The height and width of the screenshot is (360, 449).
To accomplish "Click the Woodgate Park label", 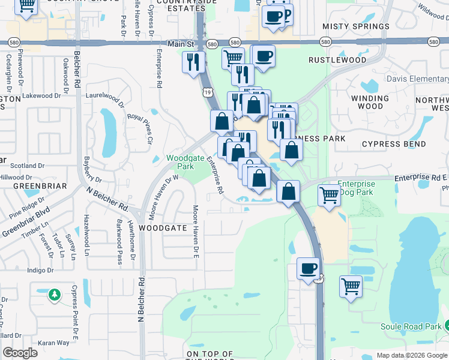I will pyautogui.click(x=180, y=162).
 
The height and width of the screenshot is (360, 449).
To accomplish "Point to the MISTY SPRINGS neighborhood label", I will pyautogui.click(x=352, y=26).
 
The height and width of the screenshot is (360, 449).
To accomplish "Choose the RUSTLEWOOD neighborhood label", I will pyautogui.click(x=337, y=60).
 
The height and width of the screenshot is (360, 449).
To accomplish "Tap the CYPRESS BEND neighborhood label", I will pyautogui.click(x=394, y=144).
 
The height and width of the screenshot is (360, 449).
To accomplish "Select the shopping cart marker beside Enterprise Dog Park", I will pyautogui.click(x=329, y=195).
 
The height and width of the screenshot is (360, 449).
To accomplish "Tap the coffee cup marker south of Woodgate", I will pyautogui.click(x=309, y=268).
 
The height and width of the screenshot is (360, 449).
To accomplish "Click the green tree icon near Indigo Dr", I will pyautogui.click(x=55, y=295).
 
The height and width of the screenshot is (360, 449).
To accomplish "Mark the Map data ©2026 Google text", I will pyautogui.click(x=412, y=355).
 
